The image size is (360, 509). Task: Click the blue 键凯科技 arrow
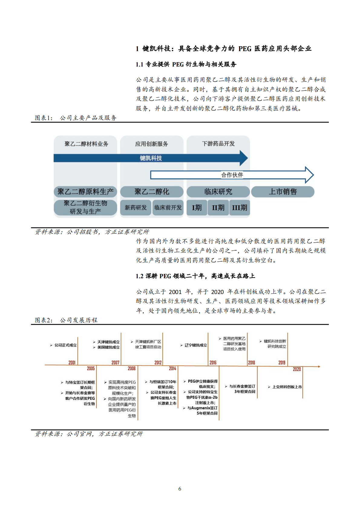[x=151, y=158]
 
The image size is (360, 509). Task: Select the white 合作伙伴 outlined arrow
[x=232, y=175]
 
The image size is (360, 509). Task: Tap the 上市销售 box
[x=283, y=192]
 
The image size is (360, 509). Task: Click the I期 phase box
[x=197, y=208]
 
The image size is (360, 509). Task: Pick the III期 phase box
[x=240, y=208]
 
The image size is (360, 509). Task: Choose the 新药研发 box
[x=136, y=208]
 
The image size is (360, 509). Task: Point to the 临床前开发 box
[x=168, y=208]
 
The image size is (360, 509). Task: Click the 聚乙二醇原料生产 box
[x=85, y=192]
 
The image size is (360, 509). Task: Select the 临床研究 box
[x=218, y=192]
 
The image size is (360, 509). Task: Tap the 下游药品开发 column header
[x=218, y=144]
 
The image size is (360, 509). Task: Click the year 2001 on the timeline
[x=72, y=362]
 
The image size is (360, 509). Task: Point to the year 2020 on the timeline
[x=297, y=369]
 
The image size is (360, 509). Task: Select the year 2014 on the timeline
[x=172, y=368]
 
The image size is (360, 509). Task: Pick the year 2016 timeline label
[x=213, y=362]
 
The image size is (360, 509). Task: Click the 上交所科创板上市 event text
[x=287, y=387]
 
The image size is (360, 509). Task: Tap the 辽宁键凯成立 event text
[x=196, y=345]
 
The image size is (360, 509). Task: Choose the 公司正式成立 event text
[x=65, y=345]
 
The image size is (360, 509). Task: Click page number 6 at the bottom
[x=180, y=489]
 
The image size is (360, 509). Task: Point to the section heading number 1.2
[x=139, y=276]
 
